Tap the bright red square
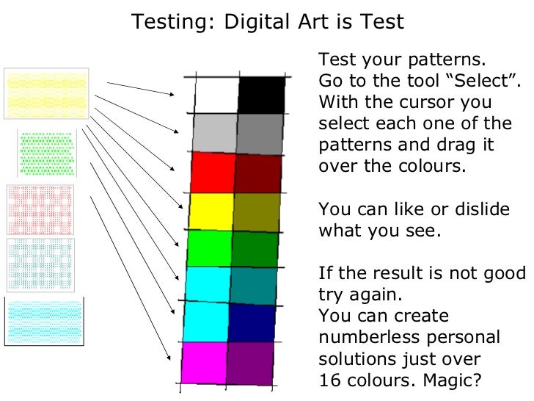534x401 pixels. click(213, 173)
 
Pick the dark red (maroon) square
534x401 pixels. click(258, 174)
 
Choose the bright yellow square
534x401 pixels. click(211, 212)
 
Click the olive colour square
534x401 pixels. click(257, 213)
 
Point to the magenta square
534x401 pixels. click(203, 362)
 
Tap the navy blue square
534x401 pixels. click(252, 324)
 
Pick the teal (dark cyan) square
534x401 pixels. click(254, 286)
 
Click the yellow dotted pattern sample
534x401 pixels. click(46, 93)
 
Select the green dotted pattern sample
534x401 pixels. click(47, 153)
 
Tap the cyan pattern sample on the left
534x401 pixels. click(45, 318)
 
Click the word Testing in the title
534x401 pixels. click(169, 22)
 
